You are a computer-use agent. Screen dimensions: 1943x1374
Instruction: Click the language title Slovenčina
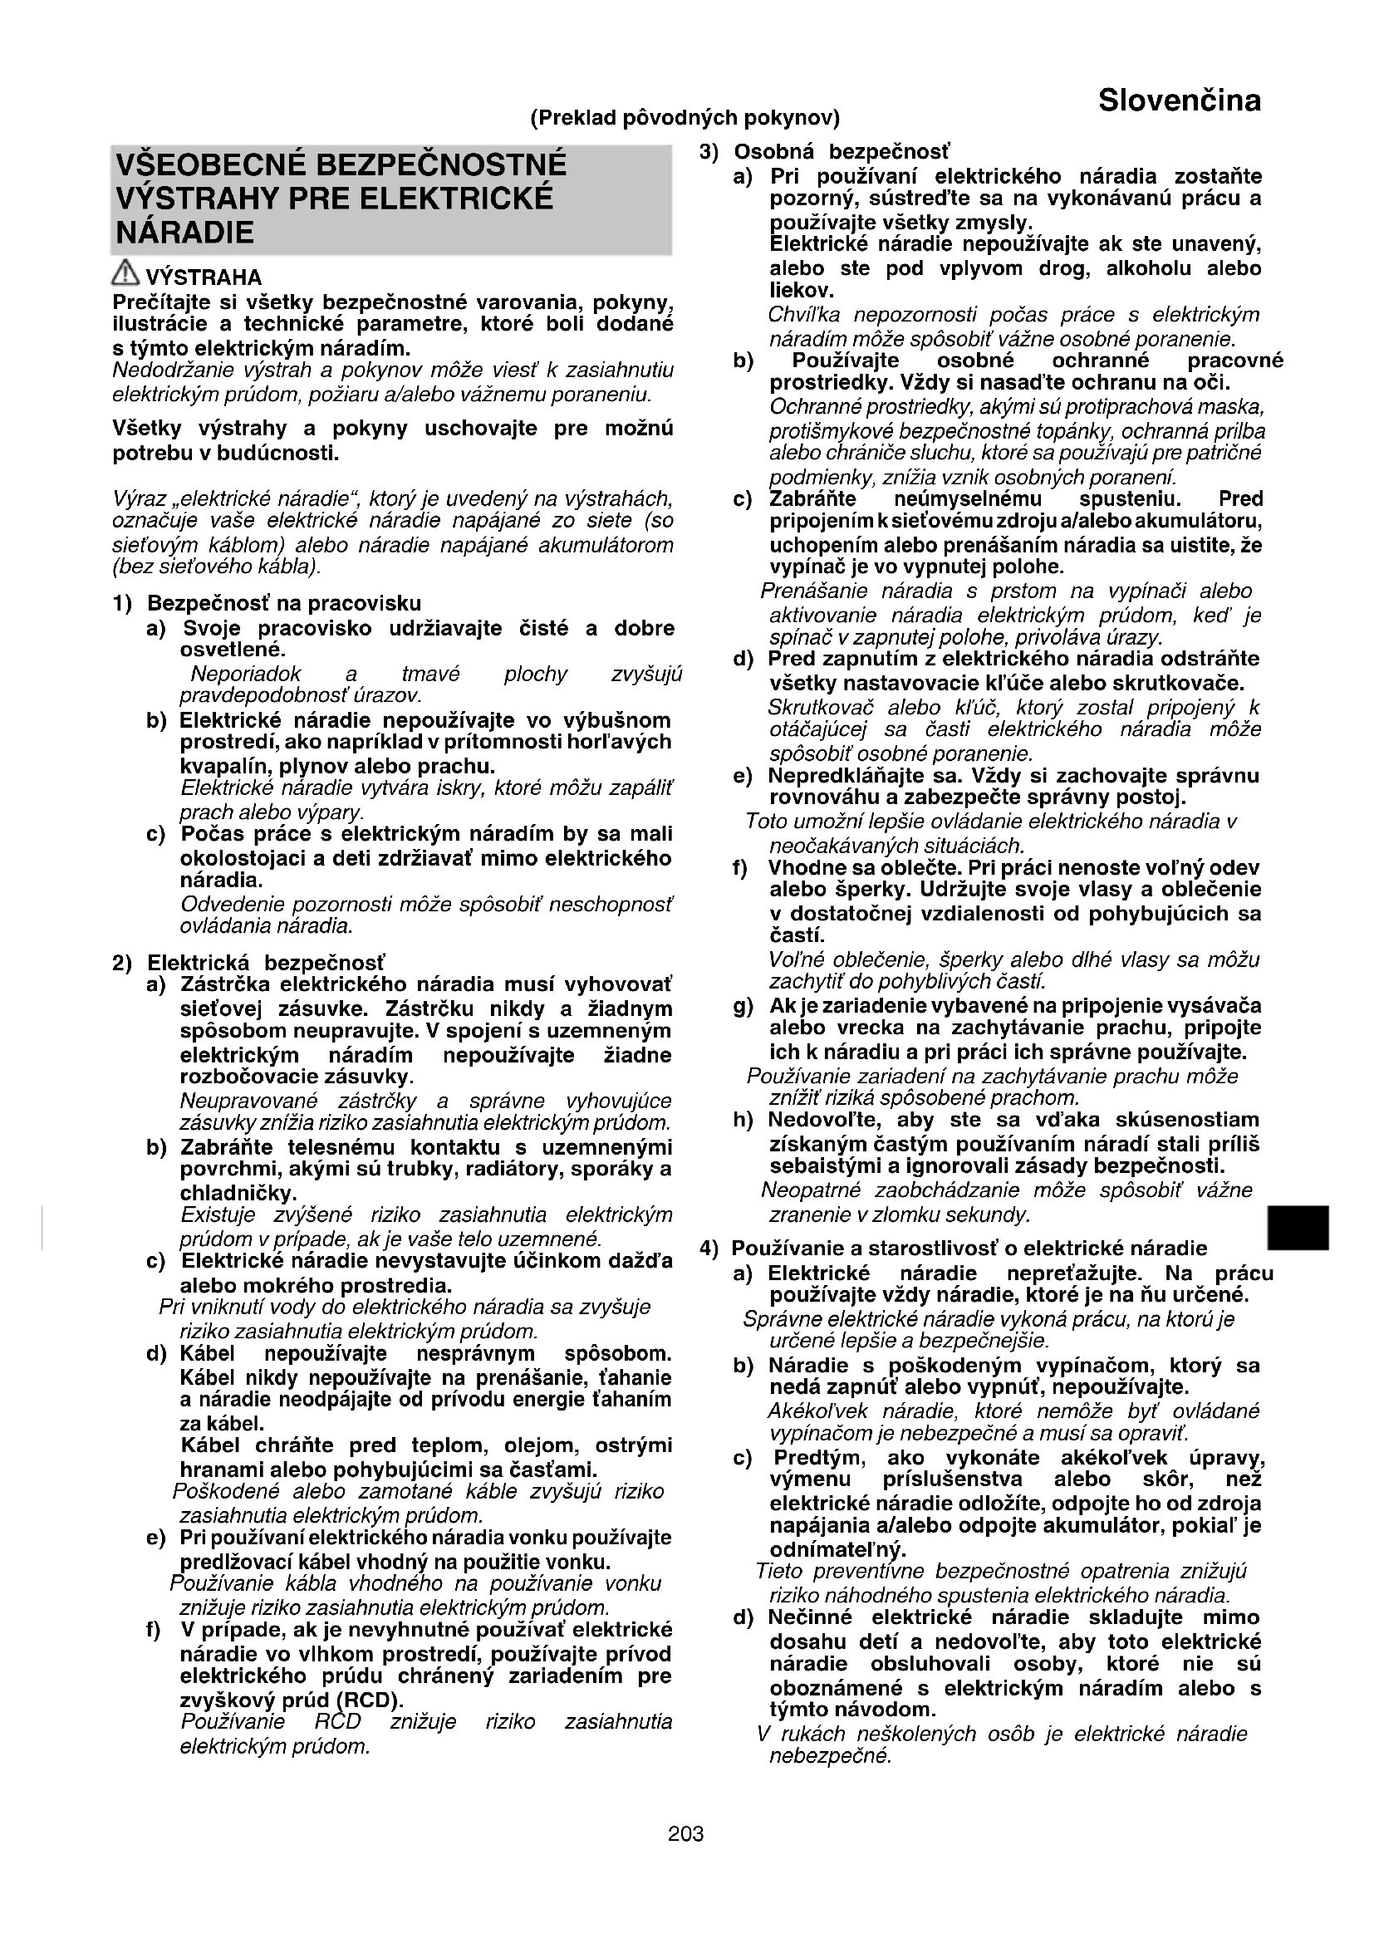pyautogui.click(x=1179, y=101)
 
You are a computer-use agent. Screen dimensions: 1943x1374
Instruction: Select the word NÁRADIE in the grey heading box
pyautogui.click(x=184, y=233)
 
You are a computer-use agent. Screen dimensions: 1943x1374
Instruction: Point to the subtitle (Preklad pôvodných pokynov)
pyautogui.click(x=685, y=118)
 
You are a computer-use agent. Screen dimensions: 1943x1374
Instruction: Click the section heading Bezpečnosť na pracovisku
pyautogui.click(x=283, y=603)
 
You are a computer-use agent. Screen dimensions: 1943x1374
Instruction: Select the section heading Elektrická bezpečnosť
pyautogui.click(x=266, y=963)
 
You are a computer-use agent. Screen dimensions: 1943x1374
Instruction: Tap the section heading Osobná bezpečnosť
pyautogui.click(x=841, y=152)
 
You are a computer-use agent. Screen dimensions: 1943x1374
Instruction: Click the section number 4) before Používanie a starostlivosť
pyautogui.click(x=709, y=1249)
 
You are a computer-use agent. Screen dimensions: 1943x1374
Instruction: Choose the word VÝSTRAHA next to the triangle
pyautogui.click(x=204, y=277)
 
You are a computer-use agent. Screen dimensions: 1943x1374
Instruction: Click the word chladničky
pyautogui.click(x=238, y=1194)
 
